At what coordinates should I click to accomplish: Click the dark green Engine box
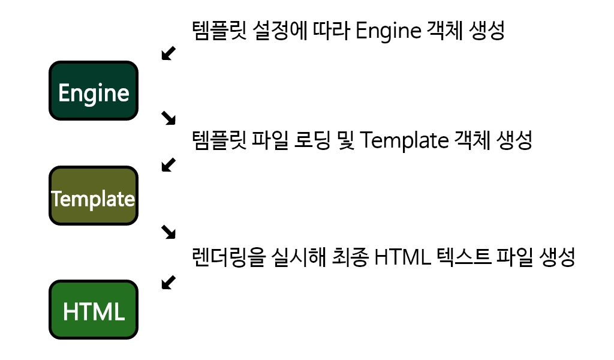pyautogui.click(x=94, y=91)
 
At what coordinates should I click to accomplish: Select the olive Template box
pyautogui.click(x=94, y=196)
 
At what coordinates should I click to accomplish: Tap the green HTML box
pyautogui.click(x=94, y=310)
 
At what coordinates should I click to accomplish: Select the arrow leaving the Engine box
pyautogui.click(x=169, y=118)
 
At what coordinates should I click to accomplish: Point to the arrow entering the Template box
pyautogui.click(x=169, y=164)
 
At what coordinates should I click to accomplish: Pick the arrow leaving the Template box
pyautogui.click(x=169, y=231)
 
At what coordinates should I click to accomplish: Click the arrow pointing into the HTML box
pyautogui.click(x=169, y=281)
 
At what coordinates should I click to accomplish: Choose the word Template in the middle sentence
pyautogui.click(x=405, y=142)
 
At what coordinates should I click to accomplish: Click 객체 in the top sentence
pyautogui.click(x=445, y=31)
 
